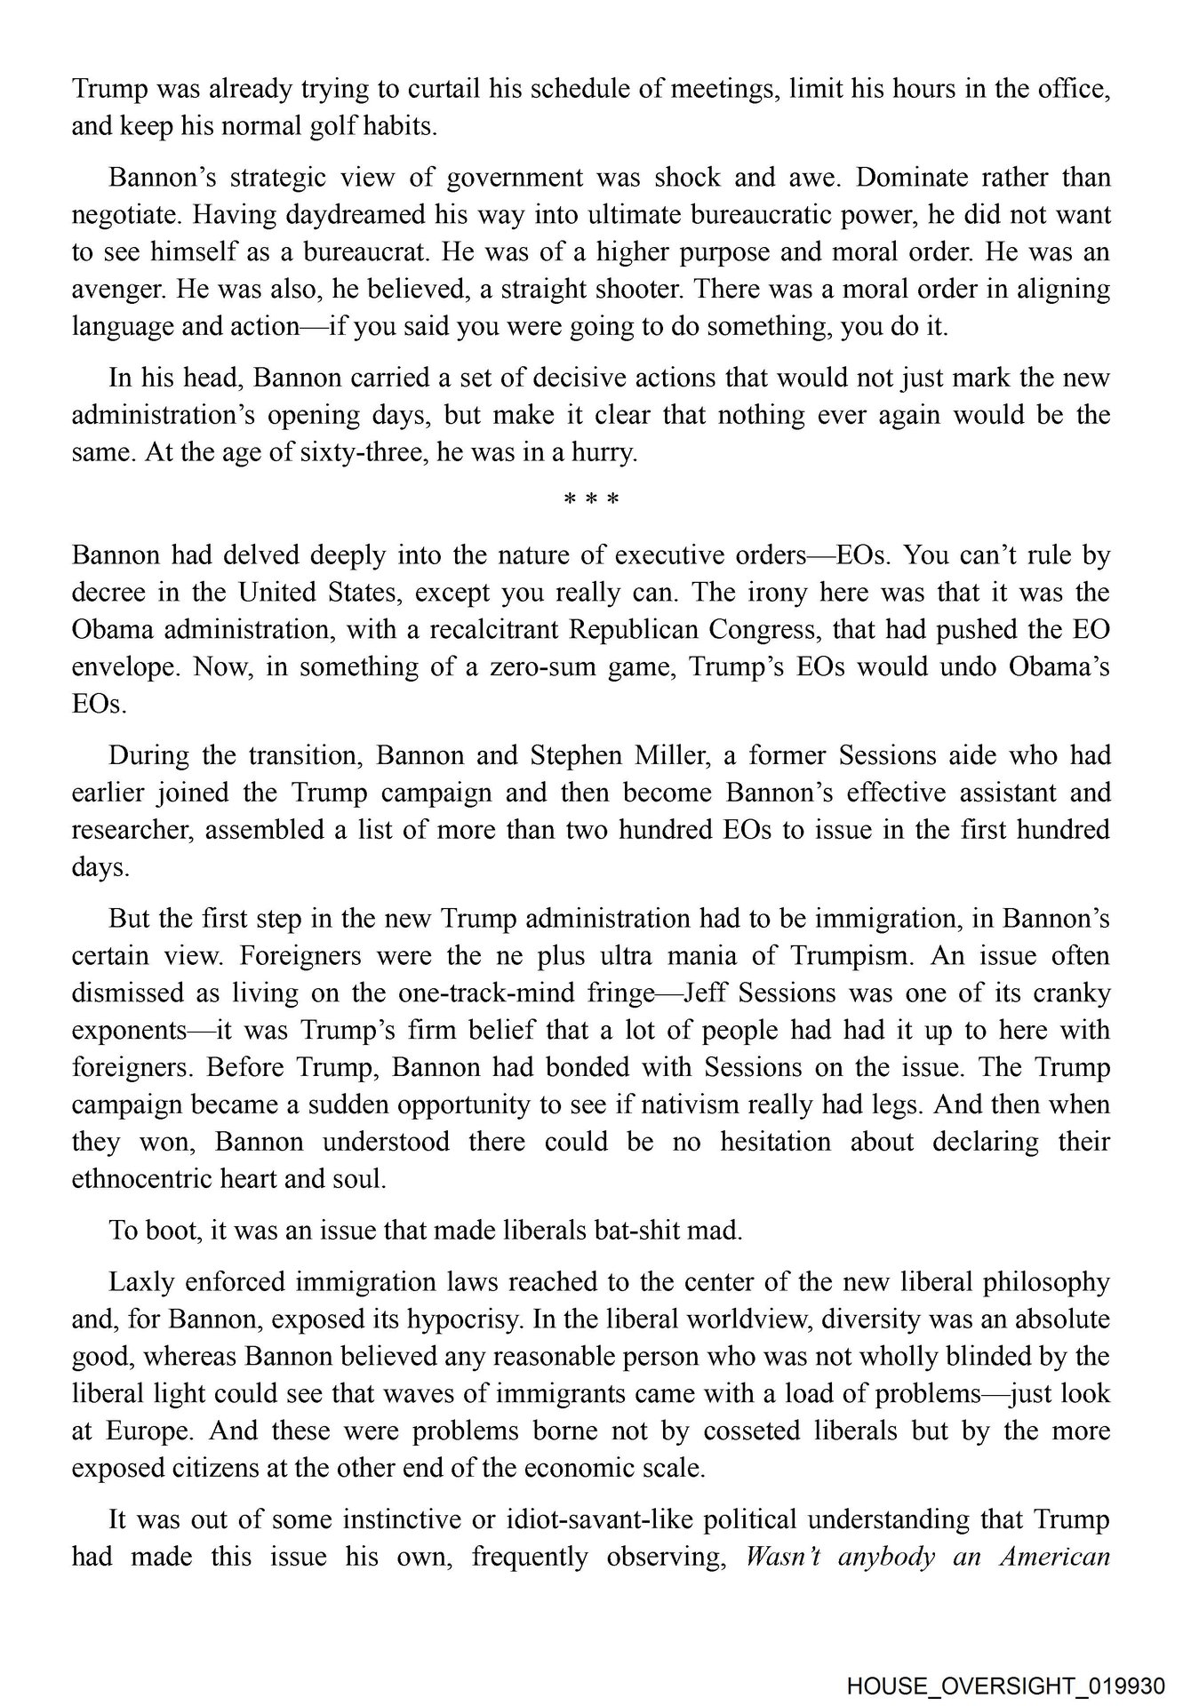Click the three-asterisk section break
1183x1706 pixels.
[591, 499]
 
